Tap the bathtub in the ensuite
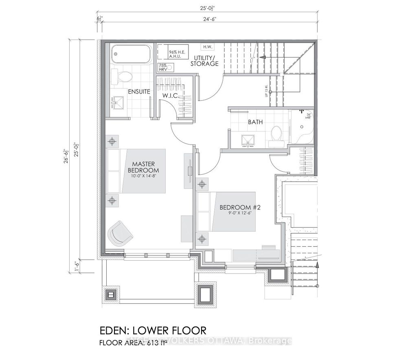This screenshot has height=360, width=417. pos(131,54)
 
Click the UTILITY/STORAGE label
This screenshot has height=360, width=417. pos(206,60)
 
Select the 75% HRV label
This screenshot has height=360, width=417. pos(162,68)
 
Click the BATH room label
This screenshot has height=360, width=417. pos(255,122)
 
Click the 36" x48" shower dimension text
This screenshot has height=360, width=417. pos(308,116)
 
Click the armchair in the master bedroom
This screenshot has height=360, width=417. pos(121,233)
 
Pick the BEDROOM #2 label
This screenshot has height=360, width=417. pos(239,207)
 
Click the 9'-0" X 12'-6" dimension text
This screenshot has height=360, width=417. pos(239,214)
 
